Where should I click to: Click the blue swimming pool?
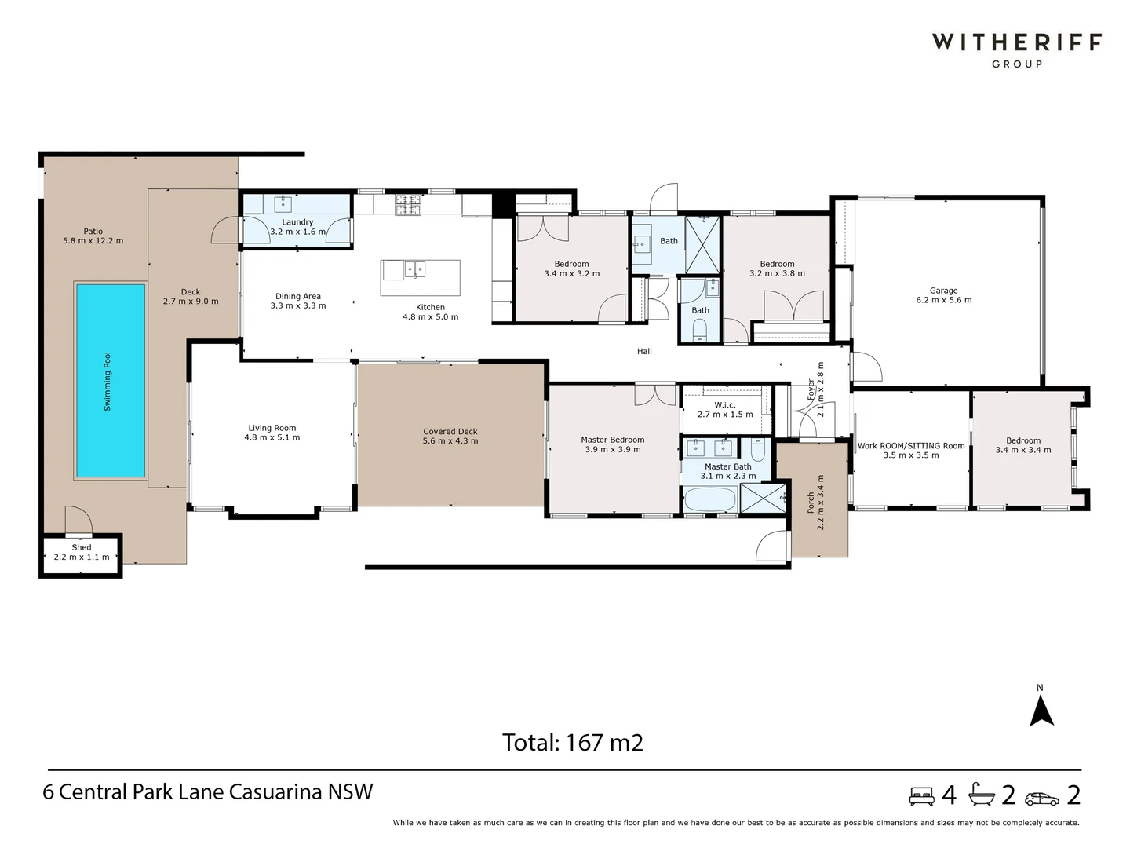click(x=110, y=381)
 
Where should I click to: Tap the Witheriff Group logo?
click(x=1016, y=49)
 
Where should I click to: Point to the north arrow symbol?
click(x=1041, y=710)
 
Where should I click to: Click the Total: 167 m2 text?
click(x=573, y=742)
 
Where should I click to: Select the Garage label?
click(x=943, y=291)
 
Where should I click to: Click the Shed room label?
click(x=82, y=548)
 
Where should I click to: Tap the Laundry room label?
click(x=297, y=222)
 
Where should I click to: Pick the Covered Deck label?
click(x=450, y=432)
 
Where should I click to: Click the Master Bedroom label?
click(x=612, y=440)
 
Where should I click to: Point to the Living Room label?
click(x=272, y=429)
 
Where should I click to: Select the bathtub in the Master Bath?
click(x=709, y=500)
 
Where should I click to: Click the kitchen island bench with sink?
click(x=420, y=277)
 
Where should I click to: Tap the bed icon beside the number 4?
click(x=922, y=796)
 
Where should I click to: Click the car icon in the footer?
click(x=1042, y=798)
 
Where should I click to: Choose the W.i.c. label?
click(x=725, y=405)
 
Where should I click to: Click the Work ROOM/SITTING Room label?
click(x=911, y=446)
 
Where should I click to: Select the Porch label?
click(x=811, y=503)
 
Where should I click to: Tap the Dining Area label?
click(x=298, y=297)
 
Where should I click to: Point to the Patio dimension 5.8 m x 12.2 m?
click(x=93, y=241)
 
